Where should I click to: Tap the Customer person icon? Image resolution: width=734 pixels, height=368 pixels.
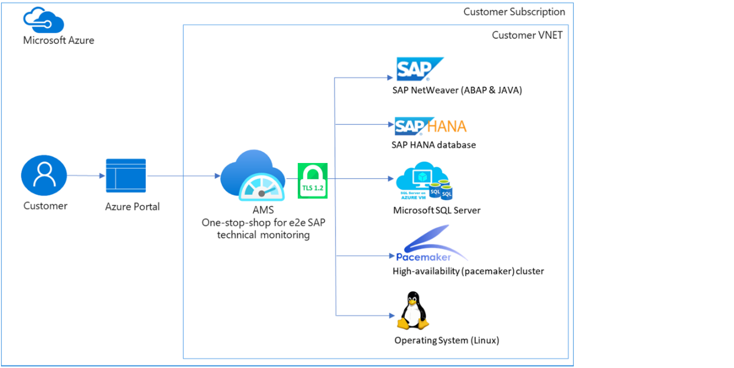pos(44,175)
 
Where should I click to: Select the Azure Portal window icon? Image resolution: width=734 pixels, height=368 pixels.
pos(126,175)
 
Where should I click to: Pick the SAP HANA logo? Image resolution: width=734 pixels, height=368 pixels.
pos(430,126)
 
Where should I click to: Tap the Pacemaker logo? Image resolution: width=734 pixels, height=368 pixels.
pos(430,248)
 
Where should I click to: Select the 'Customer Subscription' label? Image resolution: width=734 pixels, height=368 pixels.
pos(514,12)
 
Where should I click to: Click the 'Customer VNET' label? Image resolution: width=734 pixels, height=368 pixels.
pos(527,35)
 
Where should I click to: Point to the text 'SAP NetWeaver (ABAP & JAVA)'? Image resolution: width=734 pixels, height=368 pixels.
pos(457,90)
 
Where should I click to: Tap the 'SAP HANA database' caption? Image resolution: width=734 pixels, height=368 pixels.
pos(433,145)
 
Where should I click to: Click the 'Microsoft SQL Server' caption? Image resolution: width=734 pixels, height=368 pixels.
pos(437,210)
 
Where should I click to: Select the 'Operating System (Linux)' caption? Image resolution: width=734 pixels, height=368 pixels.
pos(447,340)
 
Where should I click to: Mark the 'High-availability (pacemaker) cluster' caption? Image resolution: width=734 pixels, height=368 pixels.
pos(468,272)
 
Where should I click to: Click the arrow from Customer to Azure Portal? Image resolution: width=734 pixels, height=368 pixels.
pos(86,175)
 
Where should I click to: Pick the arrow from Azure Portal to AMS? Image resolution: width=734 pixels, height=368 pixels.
pos(183,175)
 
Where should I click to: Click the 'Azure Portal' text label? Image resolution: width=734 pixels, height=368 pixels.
pos(132,207)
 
